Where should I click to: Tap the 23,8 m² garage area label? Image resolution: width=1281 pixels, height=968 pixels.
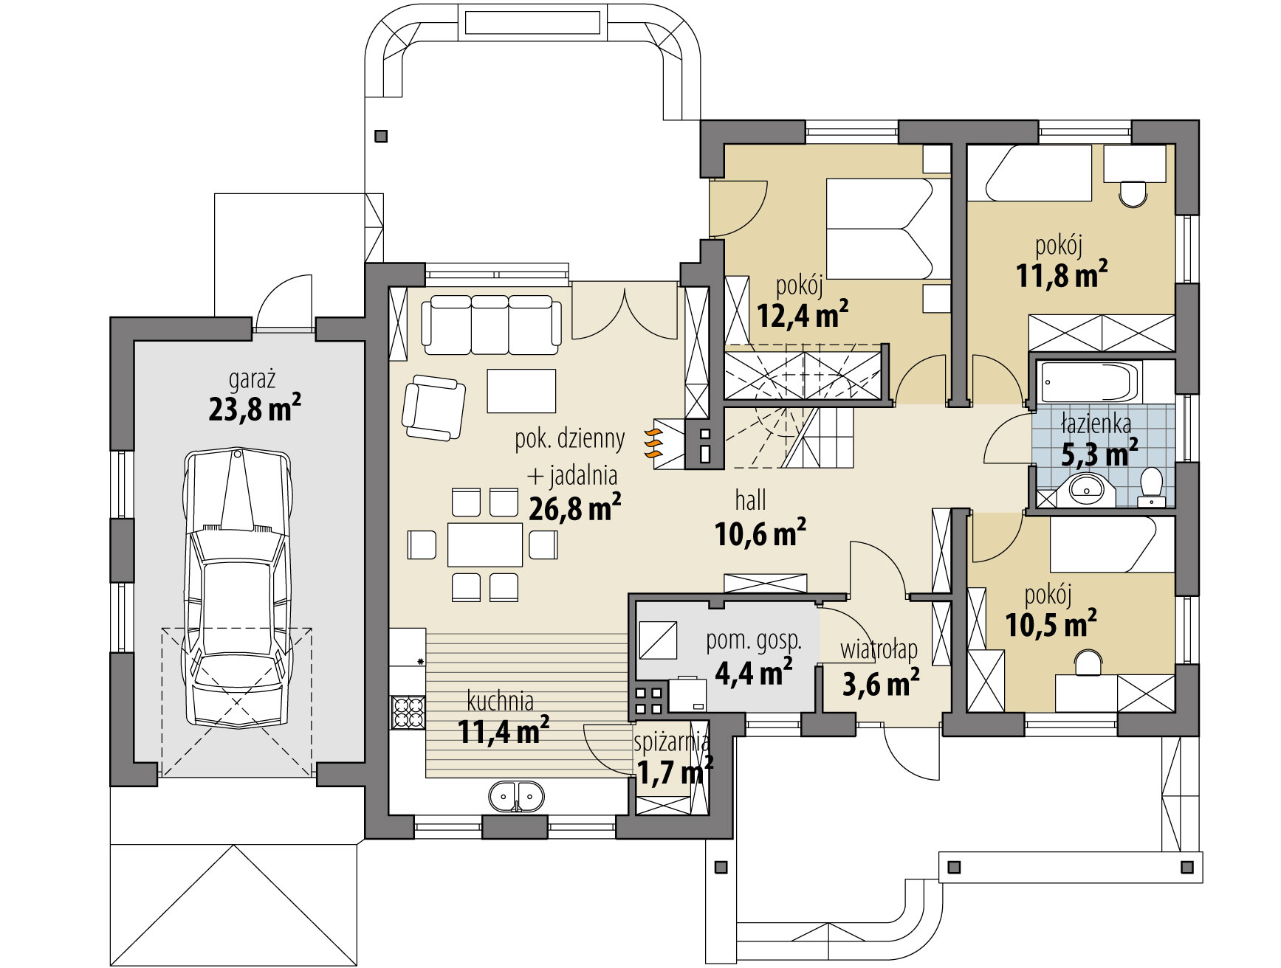pyautogui.click(x=255, y=408)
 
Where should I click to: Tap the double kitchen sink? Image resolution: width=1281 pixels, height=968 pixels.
pyautogui.click(x=516, y=795)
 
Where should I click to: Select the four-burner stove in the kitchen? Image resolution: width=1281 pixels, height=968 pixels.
pyautogui.click(x=408, y=712)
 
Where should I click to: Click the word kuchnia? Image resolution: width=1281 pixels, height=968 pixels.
pyautogui.click(x=500, y=701)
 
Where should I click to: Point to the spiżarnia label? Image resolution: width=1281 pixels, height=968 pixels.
pyautogui.click(x=672, y=742)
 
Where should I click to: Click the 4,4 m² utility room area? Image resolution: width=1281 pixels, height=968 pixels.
pyautogui.click(x=754, y=671)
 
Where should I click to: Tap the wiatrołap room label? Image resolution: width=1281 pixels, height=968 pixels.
pyautogui.click(x=879, y=650)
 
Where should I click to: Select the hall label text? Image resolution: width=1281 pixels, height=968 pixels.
pyautogui.click(x=750, y=502)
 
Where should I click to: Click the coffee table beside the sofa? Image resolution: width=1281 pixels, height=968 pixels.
pyautogui.click(x=521, y=391)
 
